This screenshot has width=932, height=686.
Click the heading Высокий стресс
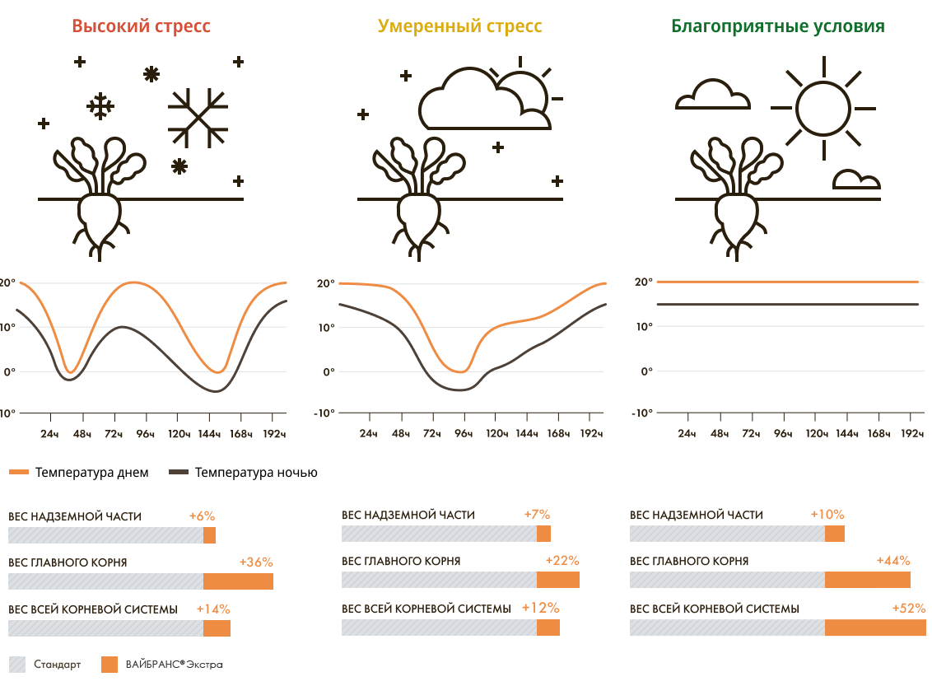point(141,26)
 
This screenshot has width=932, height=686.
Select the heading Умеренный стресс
point(459,26)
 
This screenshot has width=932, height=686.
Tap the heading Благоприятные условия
point(777,26)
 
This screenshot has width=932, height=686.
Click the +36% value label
point(256,562)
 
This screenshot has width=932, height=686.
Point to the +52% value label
point(909,609)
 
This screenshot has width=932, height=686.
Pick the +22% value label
point(562,561)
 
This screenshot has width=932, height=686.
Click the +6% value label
point(202,516)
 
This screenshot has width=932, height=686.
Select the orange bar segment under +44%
point(867,580)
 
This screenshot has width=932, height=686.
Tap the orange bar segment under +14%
point(217,628)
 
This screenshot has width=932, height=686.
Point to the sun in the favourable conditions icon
point(820,107)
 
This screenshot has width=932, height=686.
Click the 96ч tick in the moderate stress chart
point(464,433)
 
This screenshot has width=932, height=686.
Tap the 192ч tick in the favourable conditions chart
point(911,433)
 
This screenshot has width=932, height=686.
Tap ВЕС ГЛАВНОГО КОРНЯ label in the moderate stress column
point(401,562)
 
